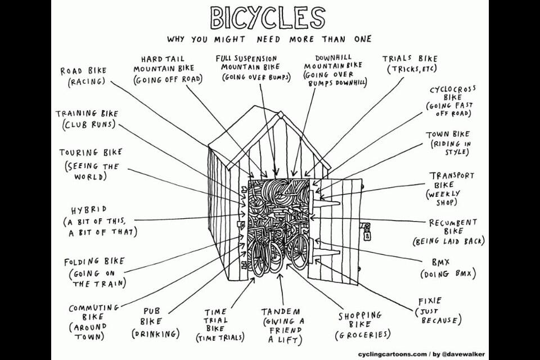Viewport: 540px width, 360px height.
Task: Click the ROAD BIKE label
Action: [x=83, y=71]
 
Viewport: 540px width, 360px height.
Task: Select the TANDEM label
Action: [x=281, y=312]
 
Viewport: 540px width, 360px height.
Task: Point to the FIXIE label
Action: [x=430, y=301]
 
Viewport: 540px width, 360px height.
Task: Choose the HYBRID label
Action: [x=87, y=209]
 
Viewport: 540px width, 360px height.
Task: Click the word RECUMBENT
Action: [x=453, y=223]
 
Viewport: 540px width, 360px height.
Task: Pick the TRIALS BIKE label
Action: [x=409, y=58]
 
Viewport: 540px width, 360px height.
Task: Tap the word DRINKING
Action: [x=155, y=334]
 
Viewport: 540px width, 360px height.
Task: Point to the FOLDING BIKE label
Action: [x=94, y=262]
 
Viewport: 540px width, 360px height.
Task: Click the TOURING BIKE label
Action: [x=91, y=152]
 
